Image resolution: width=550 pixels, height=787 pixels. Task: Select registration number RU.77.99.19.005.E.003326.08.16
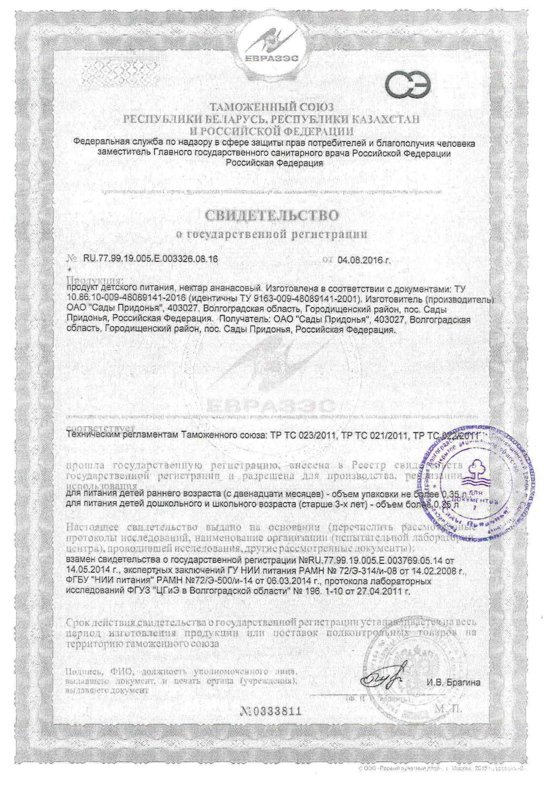coord(150,259)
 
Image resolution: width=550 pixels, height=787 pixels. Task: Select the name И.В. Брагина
coord(453,682)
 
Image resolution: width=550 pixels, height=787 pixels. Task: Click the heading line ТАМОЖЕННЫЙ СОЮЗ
coord(271,107)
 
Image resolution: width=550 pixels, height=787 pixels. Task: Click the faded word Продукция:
coord(95,280)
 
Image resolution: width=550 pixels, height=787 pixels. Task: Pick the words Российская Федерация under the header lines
coord(274,163)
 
